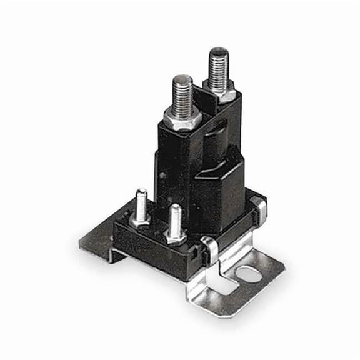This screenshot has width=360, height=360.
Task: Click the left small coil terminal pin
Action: click(x=142, y=203)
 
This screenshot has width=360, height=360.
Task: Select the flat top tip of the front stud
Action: click(x=181, y=79)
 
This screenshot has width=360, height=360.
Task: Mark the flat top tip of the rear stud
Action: click(x=218, y=51)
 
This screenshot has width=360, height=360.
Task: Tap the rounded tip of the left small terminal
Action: click(x=142, y=192)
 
